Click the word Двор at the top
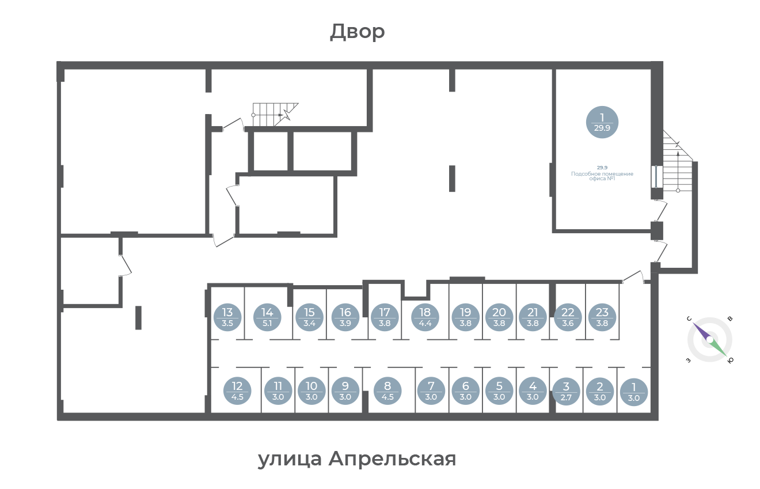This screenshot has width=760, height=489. [358, 32]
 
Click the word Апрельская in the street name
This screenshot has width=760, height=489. [392, 459]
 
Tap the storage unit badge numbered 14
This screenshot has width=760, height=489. [267, 317]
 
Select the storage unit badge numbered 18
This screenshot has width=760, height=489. [425, 317]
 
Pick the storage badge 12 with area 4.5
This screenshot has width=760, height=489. [237, 391]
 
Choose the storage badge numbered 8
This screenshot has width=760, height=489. [387, 391]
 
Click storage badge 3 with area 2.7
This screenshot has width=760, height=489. [566, 392]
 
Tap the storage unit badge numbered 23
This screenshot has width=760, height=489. [602, 317]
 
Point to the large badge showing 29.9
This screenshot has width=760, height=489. [602, 122]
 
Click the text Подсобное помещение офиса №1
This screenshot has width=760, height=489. [602, 176]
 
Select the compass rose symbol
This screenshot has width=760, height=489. [710, 340]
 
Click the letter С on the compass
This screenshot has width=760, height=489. [689, 319]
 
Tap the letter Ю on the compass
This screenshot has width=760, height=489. [731, 361]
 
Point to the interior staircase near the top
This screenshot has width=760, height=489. [275, 115]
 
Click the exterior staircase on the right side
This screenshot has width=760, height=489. [678, 161]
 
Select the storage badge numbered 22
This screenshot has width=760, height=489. [568, 317]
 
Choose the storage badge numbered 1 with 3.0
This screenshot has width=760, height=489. [634, 392]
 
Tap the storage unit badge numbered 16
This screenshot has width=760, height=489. [345, 317]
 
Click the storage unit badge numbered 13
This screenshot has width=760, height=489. [227, 317]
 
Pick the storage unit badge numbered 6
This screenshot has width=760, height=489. [465, 391]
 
